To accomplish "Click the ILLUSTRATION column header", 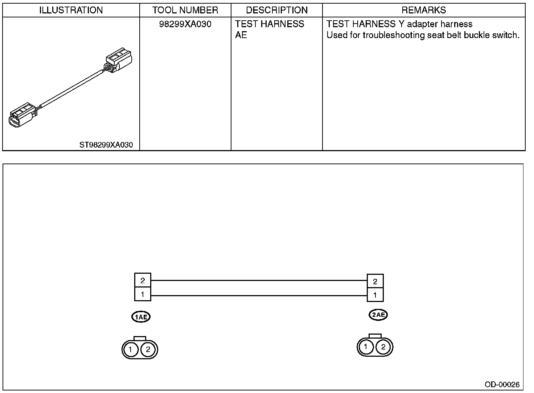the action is coord(71,10).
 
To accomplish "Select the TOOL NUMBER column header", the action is coord(185,10).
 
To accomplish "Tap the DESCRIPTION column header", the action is coord(277,10).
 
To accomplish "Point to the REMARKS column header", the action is coord(424,10).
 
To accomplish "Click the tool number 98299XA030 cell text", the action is coord(185,24).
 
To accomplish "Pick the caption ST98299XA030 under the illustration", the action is coord(106,145).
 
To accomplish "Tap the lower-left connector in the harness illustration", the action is coord(22,116).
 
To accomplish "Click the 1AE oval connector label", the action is coord(141,317).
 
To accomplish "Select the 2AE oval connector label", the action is coord(378,315).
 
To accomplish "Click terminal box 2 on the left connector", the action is coord(143,280).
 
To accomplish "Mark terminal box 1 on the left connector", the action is coord(143,294).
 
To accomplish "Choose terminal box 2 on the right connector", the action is coord(375,281).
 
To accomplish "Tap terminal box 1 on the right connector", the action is coord(375,295).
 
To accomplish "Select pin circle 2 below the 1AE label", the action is coord(148,349).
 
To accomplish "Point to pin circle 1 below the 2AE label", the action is coord(366,347).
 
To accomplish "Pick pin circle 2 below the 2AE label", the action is coord(383,347).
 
